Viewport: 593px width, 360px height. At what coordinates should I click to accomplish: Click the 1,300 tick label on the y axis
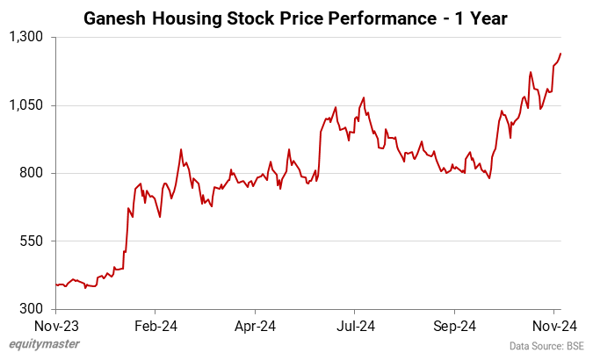(28, 38)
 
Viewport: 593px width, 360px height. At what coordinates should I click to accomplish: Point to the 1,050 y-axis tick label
(28, 105)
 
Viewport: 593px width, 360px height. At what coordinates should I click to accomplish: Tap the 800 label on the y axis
(33, 173)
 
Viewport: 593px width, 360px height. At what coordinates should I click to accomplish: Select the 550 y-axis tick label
(33, 241)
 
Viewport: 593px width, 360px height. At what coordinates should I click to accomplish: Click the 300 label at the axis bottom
(33, 309)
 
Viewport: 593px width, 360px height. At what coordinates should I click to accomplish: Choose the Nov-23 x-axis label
(55, 325)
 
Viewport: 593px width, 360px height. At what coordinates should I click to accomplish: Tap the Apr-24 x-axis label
(255, 325)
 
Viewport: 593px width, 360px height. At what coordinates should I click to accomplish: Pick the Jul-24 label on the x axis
(354, 325)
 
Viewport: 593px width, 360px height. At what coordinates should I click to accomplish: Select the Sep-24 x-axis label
(454, 325)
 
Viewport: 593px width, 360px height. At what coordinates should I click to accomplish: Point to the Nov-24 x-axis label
(554, 325)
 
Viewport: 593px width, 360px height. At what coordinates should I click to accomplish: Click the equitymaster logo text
(43, 345)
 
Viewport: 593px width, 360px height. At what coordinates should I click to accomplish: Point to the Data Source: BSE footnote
(546, 346)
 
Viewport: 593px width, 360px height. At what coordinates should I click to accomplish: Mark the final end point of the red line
(560, 54)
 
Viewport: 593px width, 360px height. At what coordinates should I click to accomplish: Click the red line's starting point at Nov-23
(55, 285)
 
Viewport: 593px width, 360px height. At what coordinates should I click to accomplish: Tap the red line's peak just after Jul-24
(363, 97)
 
